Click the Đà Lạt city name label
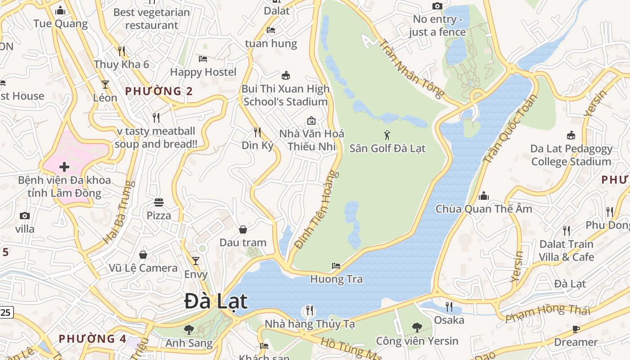216,301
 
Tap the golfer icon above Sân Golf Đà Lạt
387,135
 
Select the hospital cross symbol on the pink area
64,167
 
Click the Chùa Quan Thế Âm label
484,209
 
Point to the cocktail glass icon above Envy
196,261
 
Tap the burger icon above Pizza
158,202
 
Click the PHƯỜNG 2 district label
159,91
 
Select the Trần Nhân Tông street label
411,69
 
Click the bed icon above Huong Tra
336,265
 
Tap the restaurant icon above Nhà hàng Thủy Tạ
310,310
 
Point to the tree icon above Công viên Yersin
417,327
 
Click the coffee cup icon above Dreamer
576,329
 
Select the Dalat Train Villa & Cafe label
567,251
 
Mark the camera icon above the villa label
25,216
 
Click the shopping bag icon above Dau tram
243,229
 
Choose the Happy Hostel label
203,72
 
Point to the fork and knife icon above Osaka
449,307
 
